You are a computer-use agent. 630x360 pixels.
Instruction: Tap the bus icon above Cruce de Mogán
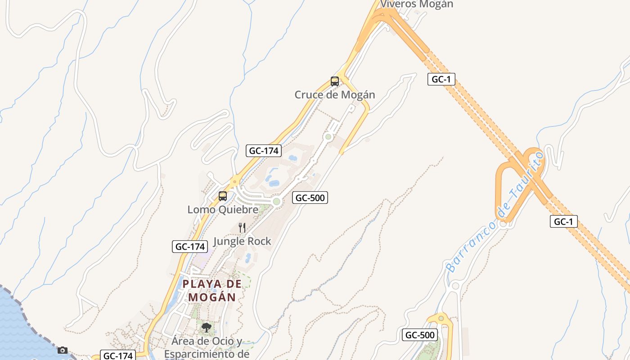click(335, 81)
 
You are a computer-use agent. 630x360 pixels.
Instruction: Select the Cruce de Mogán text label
click(335, 95)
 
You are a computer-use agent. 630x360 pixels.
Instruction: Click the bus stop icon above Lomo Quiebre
click(223, 196)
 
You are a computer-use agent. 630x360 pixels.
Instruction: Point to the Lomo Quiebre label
click(223, 209)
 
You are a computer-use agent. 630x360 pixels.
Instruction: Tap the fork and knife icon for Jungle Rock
click(242, 228)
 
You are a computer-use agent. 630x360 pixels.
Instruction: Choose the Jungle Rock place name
click(242, 241)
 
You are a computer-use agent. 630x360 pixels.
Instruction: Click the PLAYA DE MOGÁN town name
click(212, 290)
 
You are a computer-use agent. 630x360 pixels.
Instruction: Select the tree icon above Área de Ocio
click(207, 328)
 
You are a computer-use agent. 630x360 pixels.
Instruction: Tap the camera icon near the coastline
click(63, 350)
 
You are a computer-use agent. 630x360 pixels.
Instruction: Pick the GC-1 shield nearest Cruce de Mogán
click(441, 80)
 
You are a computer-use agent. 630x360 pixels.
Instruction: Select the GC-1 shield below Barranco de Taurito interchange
click(563, 221)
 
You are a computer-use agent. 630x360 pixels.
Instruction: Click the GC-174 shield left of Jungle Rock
click(190, 247)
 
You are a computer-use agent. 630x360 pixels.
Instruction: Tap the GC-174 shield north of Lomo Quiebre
click(264, 151)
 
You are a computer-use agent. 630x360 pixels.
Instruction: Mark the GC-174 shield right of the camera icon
click(117, 355)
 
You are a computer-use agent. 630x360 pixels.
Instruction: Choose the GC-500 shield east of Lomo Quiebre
click(310, 198)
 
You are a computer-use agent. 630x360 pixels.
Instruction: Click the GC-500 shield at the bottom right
click(419, 335)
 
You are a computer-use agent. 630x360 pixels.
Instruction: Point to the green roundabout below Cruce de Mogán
click(328, 137)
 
